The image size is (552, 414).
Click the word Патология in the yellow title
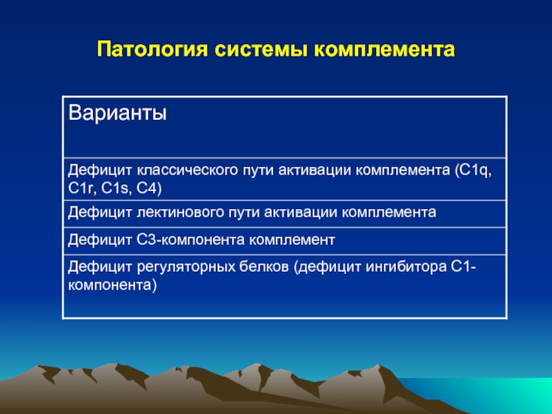pyautogui.click(x=152, y=49)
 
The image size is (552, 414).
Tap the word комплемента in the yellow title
pyautogui.click(x=384, y=50)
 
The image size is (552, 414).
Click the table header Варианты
pyautogui.click(x=117, y=113)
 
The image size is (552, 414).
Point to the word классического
pyautogui.click(x=187, y=170)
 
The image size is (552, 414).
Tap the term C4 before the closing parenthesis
pyautogui.click(x=146, y=188)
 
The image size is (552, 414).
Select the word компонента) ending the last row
pyautogui.click(x=112, y=285)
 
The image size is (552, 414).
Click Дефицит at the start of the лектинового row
pyautogui.click(x=99, y=213)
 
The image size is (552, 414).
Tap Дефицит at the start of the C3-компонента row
pyautogui.click(x=99, y=240)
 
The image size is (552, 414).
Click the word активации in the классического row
pyautogui.click(x=315, y=170)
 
